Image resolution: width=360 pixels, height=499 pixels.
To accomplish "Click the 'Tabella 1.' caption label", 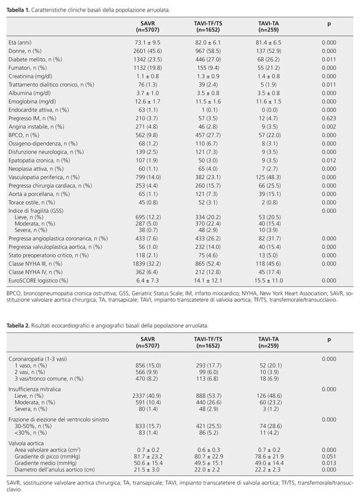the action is point(18,10).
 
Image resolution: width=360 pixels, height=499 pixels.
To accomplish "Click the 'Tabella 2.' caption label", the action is point(18,326).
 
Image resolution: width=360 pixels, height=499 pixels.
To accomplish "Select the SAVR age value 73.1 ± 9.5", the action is point(147,42).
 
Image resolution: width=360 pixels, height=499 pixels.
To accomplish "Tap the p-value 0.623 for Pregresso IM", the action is point(329,118).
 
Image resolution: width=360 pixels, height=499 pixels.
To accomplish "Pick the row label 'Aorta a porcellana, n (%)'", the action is point(39,194).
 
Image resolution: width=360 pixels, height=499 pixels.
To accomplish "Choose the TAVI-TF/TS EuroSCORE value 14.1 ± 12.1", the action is point(208,280).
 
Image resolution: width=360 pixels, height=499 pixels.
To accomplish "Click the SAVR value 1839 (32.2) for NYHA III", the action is point(147,263).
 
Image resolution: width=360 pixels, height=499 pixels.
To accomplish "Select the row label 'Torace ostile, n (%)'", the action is point(32,202).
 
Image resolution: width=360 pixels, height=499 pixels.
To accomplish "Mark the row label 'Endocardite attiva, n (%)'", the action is point(38,110).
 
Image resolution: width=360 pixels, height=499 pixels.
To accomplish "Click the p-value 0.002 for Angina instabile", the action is point(329,127).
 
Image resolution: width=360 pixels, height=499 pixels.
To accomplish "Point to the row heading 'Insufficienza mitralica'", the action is point(34,389).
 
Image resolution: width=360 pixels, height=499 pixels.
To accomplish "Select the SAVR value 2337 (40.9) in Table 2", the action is point(147,396).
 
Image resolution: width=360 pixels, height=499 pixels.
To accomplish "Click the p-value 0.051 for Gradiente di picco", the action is point(329,457).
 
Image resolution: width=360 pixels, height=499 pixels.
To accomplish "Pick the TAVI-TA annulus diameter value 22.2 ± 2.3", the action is point(269,469).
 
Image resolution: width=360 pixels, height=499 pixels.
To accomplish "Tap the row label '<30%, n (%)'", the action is point(31,433).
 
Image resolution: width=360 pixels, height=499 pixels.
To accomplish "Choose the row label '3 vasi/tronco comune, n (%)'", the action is point(49,379).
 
